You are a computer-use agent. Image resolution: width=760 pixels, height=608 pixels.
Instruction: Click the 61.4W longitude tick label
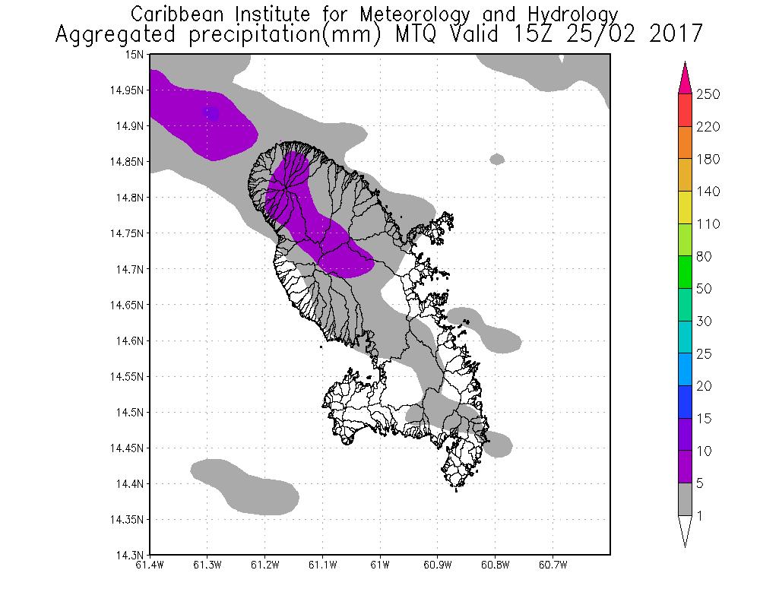[x=150, y=565]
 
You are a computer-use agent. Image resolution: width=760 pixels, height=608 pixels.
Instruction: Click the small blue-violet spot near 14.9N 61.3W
[x=211, y=113]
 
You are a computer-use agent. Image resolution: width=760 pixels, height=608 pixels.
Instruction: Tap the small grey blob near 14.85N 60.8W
[x=497, y=159]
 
